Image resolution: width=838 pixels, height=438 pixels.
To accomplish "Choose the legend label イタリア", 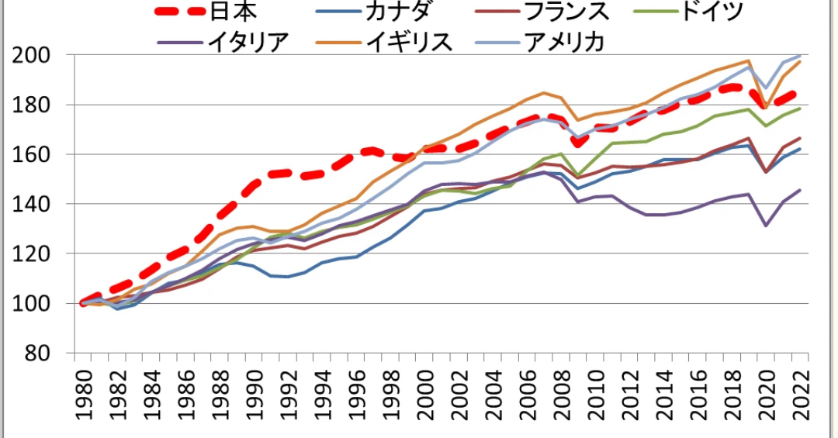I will coord(248,40).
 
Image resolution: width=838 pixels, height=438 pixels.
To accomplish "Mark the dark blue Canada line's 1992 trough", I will coord(289,277).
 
